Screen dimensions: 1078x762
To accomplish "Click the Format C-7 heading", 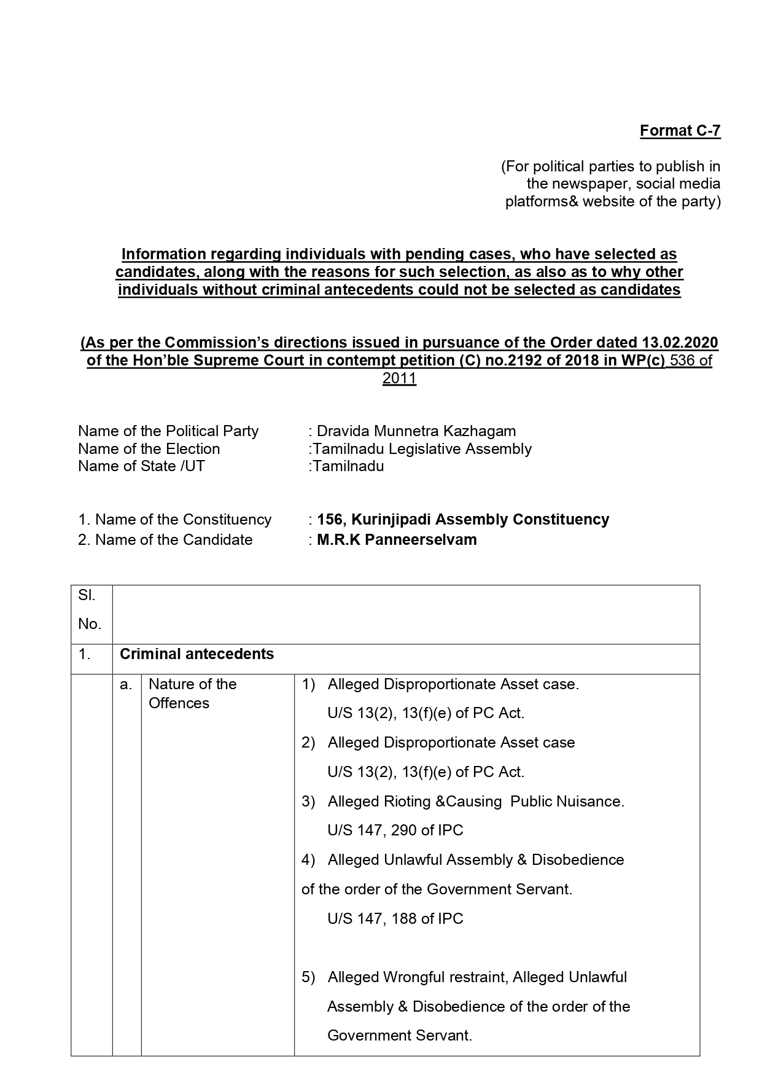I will tap(680, 131).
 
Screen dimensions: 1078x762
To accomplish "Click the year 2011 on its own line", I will tap(399, 378).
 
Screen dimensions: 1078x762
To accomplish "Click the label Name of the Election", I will tap(149, 449).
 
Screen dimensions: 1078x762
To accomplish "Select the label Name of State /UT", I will tap(141, 466).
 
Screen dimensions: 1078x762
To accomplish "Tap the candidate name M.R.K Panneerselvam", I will tap(397, 540).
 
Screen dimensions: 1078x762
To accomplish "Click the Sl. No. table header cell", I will tap(90, 610).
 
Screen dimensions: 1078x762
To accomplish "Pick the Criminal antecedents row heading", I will tap(196, 654).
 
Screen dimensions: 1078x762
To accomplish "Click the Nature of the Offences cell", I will tap(192, 693).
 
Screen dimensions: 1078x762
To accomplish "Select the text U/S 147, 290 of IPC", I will tap(395, 830).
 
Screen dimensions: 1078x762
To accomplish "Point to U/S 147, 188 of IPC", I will tap(395, 919).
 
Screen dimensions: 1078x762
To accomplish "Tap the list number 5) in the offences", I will tap(308, 977).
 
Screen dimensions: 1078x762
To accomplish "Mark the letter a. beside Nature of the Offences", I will tap(126, 684).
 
